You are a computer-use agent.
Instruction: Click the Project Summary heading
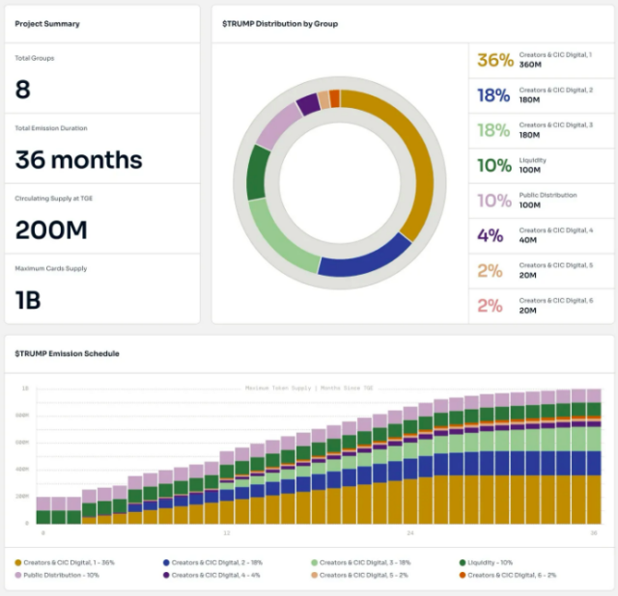coord(47,23)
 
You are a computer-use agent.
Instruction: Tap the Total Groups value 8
coord(23,90)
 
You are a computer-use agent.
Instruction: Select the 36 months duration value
coord(78,160)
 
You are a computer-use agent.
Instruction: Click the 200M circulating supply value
coord(51,230)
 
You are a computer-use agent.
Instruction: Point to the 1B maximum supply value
coord(28,300)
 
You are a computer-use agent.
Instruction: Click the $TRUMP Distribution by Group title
coord(280,23)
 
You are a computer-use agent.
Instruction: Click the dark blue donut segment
coord(366,258)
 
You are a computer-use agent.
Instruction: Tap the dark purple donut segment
coord(308,103)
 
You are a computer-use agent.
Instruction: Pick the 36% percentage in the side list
coord(495,60)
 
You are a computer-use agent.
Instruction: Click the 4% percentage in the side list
coord(490,234)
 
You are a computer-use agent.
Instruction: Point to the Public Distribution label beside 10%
coord(548,195)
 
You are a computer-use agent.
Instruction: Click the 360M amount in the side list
coord(531,65)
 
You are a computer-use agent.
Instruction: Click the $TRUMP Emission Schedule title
coord(67,354)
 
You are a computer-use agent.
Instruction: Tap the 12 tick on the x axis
coord(226,532)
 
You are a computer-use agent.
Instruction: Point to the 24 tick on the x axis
coord(409,532)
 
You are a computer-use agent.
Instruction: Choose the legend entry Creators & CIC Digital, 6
coord(507,575)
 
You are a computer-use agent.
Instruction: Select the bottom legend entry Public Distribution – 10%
coord(60,575)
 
